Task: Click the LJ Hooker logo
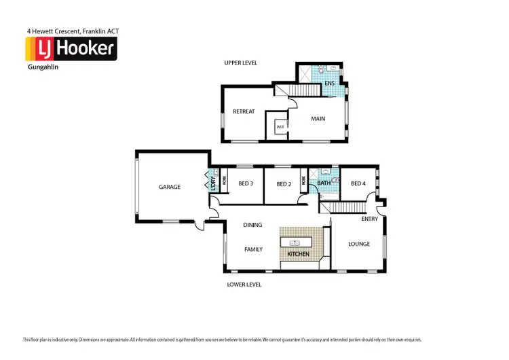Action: (x=71, y=49)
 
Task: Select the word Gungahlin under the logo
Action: (x=41, y=67)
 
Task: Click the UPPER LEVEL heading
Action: (x=241, y=62)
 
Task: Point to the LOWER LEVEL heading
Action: (x=244, y=285)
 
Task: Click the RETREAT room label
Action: (x=244, y=111)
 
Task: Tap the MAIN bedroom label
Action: (x=318, y=118)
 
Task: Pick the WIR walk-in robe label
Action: (x=280, y=127)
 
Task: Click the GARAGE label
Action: (x=170, y=187)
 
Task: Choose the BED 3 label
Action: (x=246, y=183)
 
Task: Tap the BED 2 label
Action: (x=283, y=183)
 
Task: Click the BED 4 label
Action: (x=358, y=183)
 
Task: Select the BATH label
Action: (x=323, y=183)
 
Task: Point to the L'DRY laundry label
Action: (x=212, y=183)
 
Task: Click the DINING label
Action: (x=252, y=225)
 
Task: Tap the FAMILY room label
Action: (x=253, y=249)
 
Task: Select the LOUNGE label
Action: (x=359, y=244)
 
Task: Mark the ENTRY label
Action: (x=370, y=219)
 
